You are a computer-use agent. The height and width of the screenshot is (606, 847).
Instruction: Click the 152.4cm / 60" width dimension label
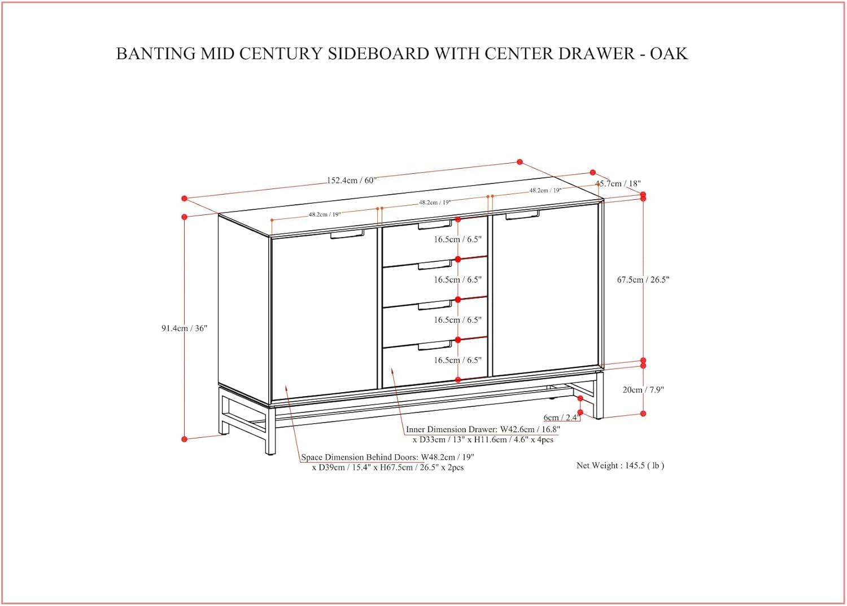[x=351, y=181]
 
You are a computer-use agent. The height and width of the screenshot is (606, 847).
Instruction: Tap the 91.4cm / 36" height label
[x=184, y=328]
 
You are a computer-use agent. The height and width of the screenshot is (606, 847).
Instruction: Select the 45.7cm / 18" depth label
[x=619, y=183]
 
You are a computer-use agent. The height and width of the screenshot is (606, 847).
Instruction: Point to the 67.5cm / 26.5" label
[x=643, y=280]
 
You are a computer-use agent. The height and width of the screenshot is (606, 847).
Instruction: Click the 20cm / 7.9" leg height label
[x=643, y=390]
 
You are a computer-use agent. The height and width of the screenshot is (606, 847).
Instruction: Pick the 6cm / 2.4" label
[x=561, y=418]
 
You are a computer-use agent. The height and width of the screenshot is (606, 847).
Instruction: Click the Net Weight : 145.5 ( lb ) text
[x=620, y=466]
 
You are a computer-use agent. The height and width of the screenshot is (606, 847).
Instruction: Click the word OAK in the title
[x=669, y=54]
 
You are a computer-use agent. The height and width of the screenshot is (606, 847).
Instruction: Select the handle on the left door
[x=347, y=234]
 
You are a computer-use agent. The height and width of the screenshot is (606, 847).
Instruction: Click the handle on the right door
[x=522, y=215]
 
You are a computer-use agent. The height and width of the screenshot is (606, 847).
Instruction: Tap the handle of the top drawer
[x=435, y=226]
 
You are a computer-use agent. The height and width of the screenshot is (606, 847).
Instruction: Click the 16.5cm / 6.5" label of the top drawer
[x=457, y=239]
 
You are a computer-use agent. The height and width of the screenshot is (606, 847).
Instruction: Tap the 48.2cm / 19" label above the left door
[x=325, y=214]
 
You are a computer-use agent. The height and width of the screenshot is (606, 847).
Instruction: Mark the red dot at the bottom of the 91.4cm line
[x=184, y=439]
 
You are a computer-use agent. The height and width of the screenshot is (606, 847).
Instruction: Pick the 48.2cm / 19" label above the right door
[x=545, y=191]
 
